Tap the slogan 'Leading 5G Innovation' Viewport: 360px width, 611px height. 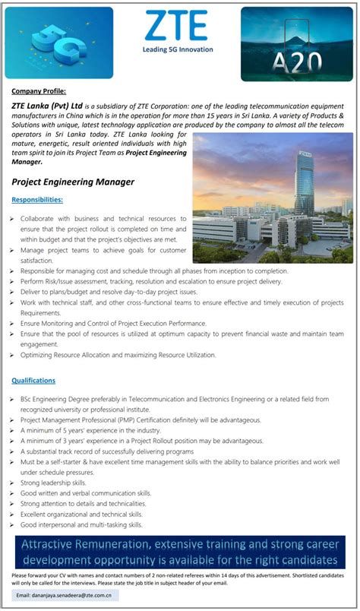(178, 49)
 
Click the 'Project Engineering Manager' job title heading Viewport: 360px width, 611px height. (73, 182)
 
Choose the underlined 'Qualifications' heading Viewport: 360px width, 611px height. (33, 380)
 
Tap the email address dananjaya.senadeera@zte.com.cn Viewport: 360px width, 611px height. (74, 594)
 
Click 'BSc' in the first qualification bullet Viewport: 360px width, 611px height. (27, 398)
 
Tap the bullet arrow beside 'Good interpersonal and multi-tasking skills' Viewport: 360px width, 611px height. (14, 525)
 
